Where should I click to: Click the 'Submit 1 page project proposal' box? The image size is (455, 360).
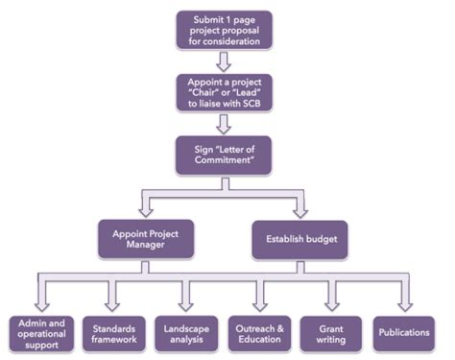[x=224, y=30]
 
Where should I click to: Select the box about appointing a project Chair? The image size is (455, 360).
[x=224, y=92]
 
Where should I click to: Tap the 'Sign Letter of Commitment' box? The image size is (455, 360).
[x=224, y=156]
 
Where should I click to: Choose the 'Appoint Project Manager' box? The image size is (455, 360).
[x=146, y=238]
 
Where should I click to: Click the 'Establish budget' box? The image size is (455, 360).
[x=299, y=238]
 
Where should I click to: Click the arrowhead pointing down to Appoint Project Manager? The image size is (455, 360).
[x=146, y=210]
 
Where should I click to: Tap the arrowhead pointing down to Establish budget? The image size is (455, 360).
[x=299, y=210]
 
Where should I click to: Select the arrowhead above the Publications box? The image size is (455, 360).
[x=404, y=304]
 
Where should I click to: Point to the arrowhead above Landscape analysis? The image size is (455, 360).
[x=186, y=304]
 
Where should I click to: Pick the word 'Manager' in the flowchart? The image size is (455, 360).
[x=146, y=246]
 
